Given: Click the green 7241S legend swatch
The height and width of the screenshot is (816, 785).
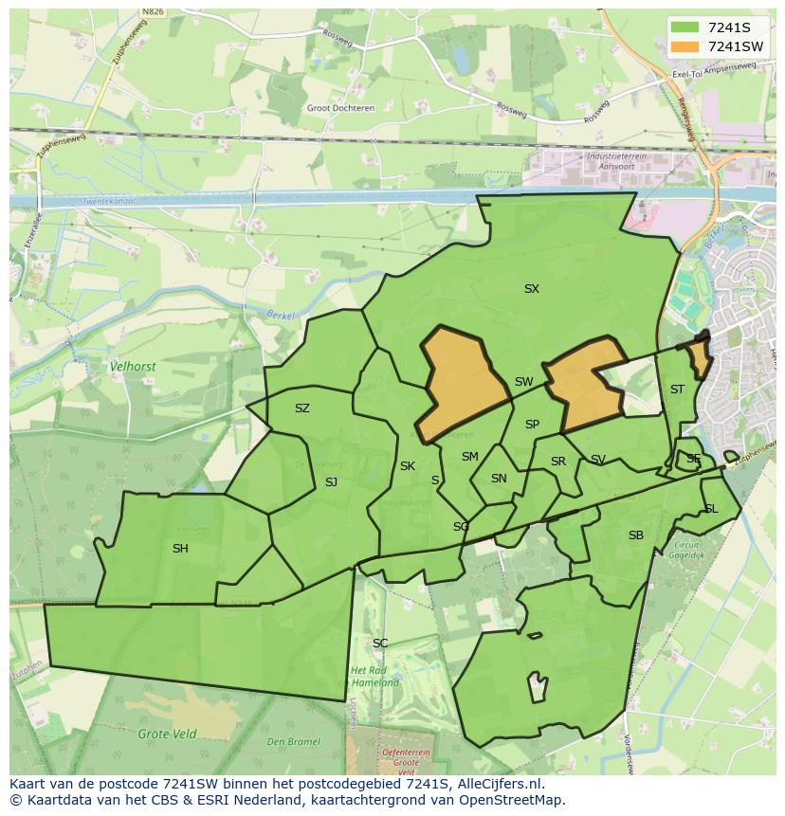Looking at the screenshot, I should pos(685,27).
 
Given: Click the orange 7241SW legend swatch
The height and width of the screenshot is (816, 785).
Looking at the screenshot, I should pos(685,46).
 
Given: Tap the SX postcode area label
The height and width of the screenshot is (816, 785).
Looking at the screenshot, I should pos(531,289).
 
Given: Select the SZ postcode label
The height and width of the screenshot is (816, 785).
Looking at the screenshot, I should pos(301,408).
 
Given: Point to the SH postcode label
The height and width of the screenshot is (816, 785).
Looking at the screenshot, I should pos(180,549).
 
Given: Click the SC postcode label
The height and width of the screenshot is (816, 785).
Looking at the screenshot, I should pos(380,644).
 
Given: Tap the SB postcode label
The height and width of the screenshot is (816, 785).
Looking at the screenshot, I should pos(635,535).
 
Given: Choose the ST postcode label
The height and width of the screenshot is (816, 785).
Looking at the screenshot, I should pos(677,390).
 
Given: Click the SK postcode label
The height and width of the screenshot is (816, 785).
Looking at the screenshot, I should pos(408,466).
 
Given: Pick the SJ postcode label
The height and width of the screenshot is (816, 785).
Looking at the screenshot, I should pos(331,482).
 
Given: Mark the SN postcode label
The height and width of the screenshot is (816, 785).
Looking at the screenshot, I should pos(499,479).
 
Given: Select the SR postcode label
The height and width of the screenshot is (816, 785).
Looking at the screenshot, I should pos(558,462).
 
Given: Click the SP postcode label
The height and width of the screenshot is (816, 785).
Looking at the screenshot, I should pos(532,425).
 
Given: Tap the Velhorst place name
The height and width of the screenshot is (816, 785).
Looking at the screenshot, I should pos(133,366).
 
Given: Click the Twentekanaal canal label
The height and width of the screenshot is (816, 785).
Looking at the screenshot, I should pos(108,202).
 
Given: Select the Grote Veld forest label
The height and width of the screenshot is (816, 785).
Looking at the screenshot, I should pos(167,734).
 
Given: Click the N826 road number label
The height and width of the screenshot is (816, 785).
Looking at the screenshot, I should pos(152,12).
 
